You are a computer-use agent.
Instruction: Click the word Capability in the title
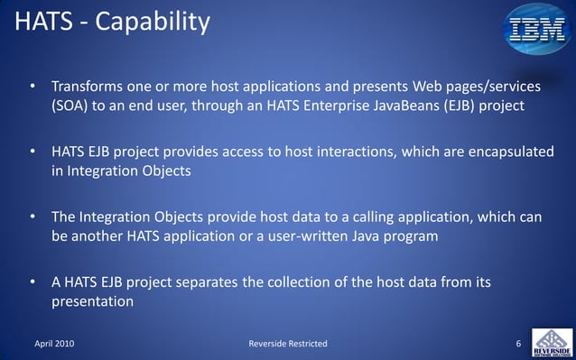coord(153,22)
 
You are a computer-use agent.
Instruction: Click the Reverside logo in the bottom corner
coord(551,342)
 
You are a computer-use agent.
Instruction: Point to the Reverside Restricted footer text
coord(288,345)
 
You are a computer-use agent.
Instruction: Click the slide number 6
coord(518,345)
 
